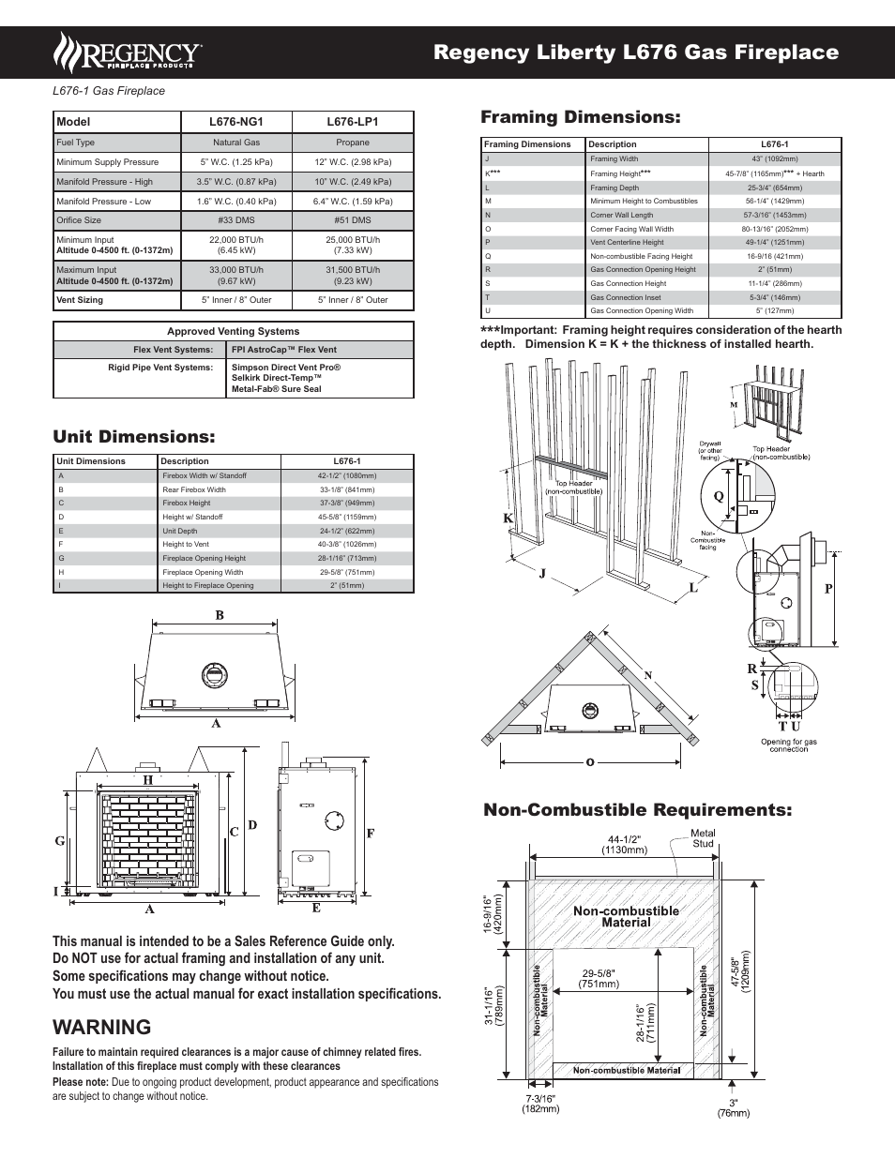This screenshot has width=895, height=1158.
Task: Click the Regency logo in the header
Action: point(128,53)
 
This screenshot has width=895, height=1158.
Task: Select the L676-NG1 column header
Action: point(236,122)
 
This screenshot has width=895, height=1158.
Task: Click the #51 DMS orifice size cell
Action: point(353,220)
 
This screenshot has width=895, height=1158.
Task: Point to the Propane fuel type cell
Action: point(353,143)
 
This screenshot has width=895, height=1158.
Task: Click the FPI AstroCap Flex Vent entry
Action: point(284,350)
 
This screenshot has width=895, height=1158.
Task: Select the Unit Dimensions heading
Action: point(134,437)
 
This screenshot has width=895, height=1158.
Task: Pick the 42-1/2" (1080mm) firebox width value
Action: point(347,475)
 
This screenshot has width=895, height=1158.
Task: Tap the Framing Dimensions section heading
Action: point(580,117)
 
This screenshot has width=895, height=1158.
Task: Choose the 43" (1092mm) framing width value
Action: point(775,158)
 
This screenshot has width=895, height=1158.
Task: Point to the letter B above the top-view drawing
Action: point(220,616)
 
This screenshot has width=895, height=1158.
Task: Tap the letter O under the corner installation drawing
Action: point(590,762)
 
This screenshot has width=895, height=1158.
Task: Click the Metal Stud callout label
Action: point(703,838)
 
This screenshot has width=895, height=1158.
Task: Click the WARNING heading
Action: point(102,1028)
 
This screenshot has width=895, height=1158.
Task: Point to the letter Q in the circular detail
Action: point(719,496)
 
